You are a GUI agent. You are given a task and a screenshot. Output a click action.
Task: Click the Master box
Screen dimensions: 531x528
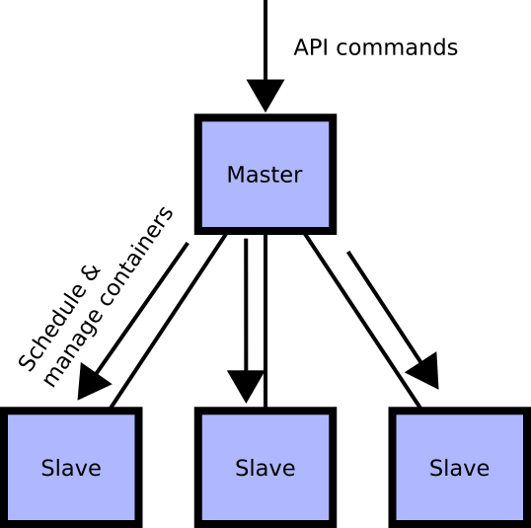265,174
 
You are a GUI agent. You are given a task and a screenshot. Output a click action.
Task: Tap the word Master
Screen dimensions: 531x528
265,175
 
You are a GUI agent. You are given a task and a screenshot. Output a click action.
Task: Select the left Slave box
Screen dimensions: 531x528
71,468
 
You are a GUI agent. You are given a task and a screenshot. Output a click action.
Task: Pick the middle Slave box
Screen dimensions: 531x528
265,468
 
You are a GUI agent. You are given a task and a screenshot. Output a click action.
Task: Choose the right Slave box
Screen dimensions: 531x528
460,468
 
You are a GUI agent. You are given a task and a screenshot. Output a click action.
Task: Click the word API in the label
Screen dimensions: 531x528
311,47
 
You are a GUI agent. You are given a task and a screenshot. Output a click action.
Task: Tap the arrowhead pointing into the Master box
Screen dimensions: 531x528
265,96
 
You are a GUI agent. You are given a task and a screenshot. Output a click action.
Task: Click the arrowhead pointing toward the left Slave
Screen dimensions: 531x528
93,383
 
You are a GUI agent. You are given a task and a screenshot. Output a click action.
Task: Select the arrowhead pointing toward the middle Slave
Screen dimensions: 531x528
246,387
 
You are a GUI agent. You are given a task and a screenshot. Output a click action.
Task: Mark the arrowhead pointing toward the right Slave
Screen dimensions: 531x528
424,372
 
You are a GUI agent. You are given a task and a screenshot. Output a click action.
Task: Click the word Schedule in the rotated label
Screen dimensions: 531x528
51,328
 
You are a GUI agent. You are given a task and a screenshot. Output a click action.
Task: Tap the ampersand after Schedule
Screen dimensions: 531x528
92,273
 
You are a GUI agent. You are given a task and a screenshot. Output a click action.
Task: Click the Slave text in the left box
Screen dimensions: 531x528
71,468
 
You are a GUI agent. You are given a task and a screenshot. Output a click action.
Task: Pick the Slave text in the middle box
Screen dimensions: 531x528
265,468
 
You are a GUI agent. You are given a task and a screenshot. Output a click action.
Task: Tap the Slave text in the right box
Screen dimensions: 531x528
460,468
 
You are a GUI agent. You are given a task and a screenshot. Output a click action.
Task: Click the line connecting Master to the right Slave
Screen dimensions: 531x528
362,321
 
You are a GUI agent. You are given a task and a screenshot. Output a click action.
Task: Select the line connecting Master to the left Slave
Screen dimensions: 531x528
168,321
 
